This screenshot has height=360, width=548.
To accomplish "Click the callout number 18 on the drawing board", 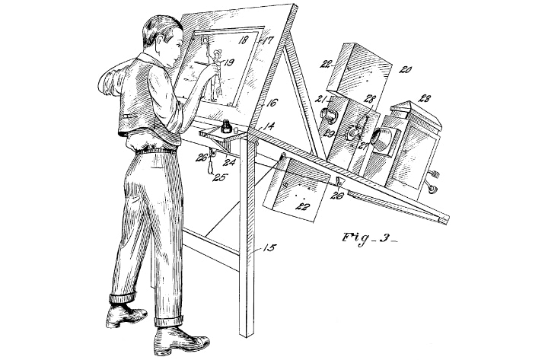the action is pyautogui.click(x=244, y=40).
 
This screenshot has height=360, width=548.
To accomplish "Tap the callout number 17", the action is pyautogui.click(x=268, y=40).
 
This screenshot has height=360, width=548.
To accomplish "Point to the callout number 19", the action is pyautogui.click(x=228, y=62).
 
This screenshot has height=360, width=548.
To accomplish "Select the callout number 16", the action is pyautogui.click(x=272, y=103).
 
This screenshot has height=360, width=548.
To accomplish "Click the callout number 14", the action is pyautogui.click(x=268, y=126).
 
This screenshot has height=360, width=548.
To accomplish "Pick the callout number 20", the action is pyautogui.click(x=405, y=69).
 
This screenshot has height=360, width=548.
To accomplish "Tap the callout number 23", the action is pyautogui.click(x=425, y=99).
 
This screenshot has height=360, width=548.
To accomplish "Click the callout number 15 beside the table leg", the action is pyautogui.click(x=269, y=248).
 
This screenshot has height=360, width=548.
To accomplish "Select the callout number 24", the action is pyautogui.click(x=230, y=162).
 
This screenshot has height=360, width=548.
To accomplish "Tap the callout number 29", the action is pyautogui.click(x=330, y=133).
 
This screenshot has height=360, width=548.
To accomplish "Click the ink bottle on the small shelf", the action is pyautogui.click(x=227, y=126).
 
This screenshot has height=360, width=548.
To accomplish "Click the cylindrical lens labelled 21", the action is pyautogui.click(x=330, y=114).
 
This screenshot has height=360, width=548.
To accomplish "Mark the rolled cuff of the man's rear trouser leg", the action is pyautogui.click(x=122, y=298).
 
